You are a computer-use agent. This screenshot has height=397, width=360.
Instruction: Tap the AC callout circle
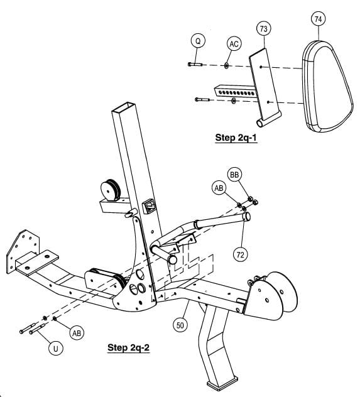click(234, 44)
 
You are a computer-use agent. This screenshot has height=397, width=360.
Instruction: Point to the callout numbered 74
click(319, 19)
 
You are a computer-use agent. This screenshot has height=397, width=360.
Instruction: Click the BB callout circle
click(235, 175)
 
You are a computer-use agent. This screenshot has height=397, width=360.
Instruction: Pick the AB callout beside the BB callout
click(219, 187)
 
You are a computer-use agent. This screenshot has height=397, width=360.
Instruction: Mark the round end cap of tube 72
click(246, 217)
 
